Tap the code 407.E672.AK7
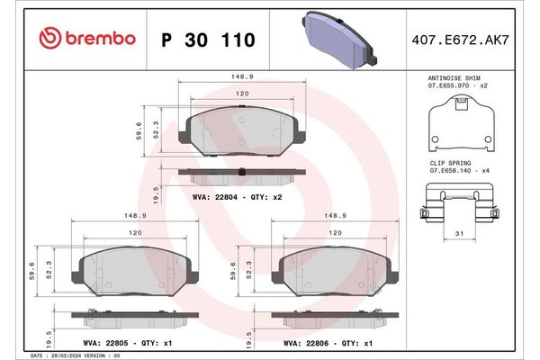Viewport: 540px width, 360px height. click(x=460, y=39)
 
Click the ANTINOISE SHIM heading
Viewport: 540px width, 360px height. click(x=458, y=78)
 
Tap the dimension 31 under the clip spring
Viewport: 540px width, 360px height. click(x=459, y=235)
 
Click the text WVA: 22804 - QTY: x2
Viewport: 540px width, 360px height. click(x=238, y=195)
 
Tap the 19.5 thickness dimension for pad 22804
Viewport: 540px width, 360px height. click(x=157, y=192)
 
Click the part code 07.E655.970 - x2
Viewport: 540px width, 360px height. click(x=458, y=86)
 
